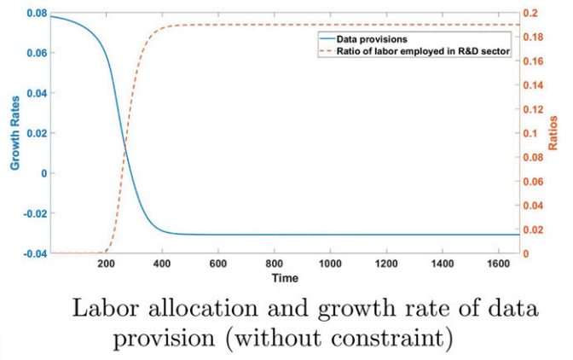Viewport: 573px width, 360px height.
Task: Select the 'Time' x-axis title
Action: click(x=285, y=278)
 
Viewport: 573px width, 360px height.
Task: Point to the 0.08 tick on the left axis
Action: click(x=36, y=15)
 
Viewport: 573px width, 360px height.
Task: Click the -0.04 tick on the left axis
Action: click(x=34, y=253)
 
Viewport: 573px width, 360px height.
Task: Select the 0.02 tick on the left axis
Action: click(x=36, y=134)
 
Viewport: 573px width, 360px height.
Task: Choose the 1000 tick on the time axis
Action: click(x=330, y=264)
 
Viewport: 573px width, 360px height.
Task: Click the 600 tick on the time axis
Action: click(x=217, y=264)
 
